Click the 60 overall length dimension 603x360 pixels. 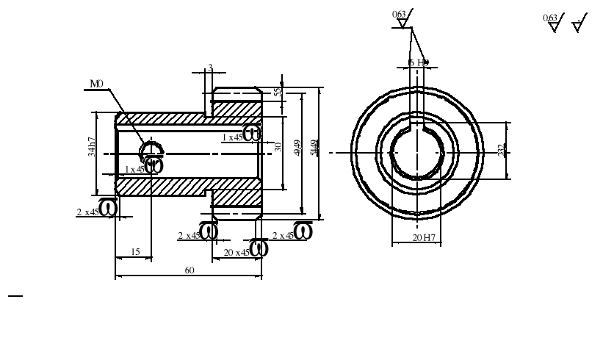coord(189,270)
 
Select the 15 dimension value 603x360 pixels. coord(135,252)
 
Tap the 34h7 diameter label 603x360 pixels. coord(92,147)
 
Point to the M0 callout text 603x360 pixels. coord(96,84)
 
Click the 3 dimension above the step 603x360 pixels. coord(210,68)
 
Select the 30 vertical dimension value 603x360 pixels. coord(278,147)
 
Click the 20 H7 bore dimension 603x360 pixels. coord(424,238)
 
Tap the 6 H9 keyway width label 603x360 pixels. coord(418,63)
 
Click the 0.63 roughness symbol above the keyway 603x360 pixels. coord(401,18)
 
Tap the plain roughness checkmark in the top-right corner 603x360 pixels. coord(579,25)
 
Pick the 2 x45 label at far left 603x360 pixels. coord(87,212)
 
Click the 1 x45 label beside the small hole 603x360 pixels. coord(134,169)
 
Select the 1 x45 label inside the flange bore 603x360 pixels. coord(233,137)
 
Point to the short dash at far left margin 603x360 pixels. coord(15,296)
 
